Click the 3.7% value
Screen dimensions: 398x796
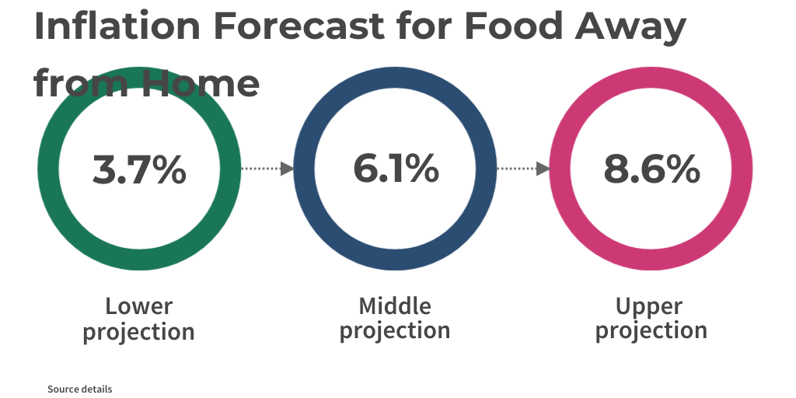[x=139, y=169]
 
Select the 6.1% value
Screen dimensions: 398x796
[x=395, y=169]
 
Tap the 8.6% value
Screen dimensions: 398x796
[x=651, y=169]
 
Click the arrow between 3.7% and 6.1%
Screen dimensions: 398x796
[x=267, y=169]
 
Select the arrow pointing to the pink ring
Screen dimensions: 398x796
[x=523, y=169]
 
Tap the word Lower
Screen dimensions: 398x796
[x=138, y=305]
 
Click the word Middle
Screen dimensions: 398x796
[x=395, y=305]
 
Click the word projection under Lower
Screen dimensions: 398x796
[x=138, y=333]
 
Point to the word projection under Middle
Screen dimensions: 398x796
[x=395, y=330]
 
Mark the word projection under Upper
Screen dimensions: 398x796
[x=651, y=330]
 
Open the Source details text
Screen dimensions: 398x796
[x=79, y=389]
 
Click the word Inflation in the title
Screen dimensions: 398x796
[x=117, y=26]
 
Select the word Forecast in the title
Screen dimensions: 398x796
[x=298, y=26]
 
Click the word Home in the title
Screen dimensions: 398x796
[x=201, y=82]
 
